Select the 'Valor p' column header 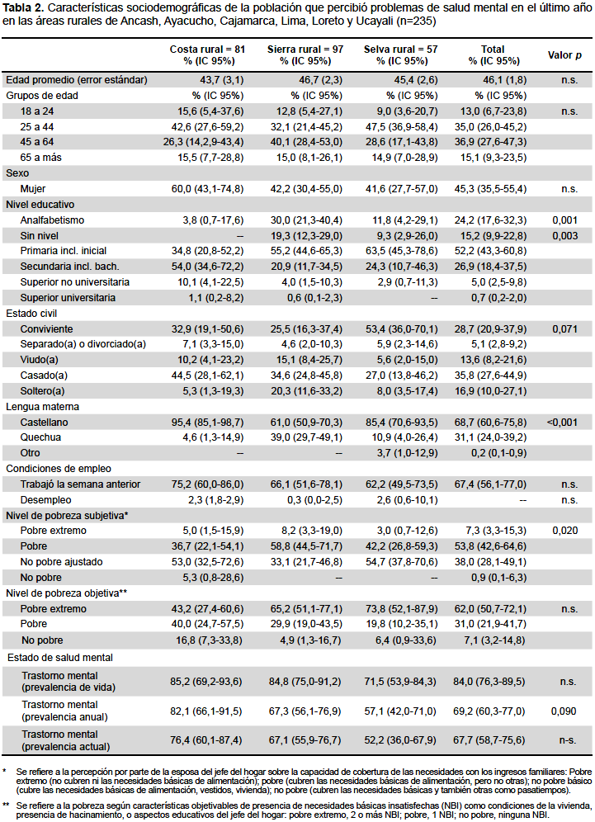tap(564, 55)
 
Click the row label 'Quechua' tap(40, 437)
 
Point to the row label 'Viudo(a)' tap(40, 360)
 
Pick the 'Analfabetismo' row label tap(52, 220)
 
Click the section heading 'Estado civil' tap(31, 314)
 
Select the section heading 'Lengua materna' tap(42, 407)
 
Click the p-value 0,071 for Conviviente tap(564, 329)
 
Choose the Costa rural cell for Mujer tap(208, 189)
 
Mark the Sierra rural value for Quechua tap(306, 437)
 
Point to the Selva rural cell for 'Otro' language tap(407, 453)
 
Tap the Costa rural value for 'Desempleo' tap(216, 500)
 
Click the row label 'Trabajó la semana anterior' tap(80, 484)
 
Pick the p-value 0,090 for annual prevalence tap(564, 711)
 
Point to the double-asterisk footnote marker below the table tap(6, 805)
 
